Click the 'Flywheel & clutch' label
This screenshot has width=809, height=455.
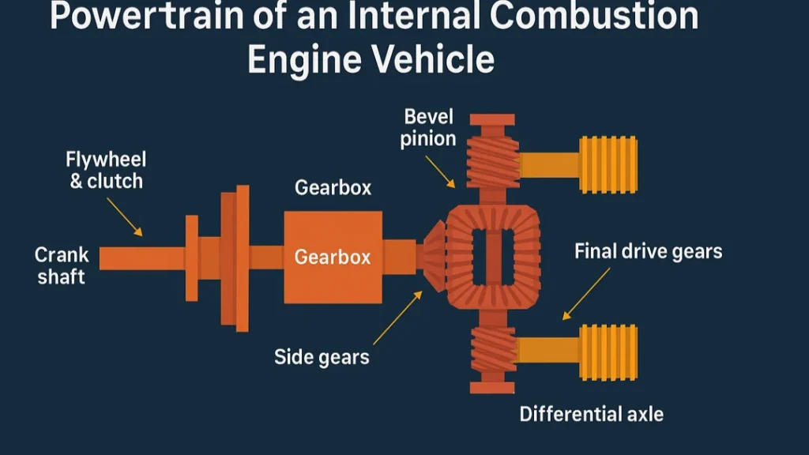[x=106, y=171]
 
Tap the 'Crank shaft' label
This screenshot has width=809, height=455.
[x=62, y=266]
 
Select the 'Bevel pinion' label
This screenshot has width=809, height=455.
[x=428, y=128]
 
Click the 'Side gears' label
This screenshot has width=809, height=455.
[x=322, y=357]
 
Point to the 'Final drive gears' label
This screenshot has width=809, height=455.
[x=648, y=252]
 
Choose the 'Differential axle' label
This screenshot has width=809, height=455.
[x=591, y=413]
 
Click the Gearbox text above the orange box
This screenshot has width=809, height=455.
[x=333, y=188]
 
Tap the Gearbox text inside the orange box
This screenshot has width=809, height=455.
[x=333, y=258]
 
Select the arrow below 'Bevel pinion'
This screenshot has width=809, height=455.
[x=440, y=171]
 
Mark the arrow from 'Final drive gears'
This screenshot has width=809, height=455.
[x=585, y=294]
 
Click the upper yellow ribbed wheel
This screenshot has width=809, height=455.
[x=608, y=164]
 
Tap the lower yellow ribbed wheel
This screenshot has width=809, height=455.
[x=608, y=352]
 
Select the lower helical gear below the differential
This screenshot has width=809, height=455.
[x=493, y=352]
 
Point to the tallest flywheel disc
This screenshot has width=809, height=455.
[x=243, y=258]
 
